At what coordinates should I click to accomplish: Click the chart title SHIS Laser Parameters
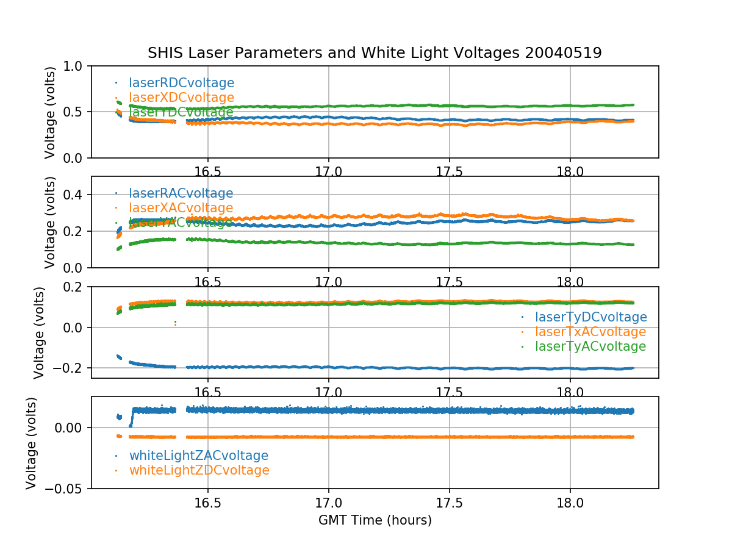tap(375, 53)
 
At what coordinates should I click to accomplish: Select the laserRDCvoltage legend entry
tap(181, 83)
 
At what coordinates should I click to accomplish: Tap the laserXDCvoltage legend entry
tap(181, 98)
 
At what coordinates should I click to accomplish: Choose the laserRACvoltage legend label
tap(181, 193)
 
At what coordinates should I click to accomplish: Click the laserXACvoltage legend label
tap(181, 208)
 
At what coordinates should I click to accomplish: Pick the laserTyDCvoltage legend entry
tap(590, 317)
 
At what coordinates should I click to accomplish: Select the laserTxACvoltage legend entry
tap(590, 332)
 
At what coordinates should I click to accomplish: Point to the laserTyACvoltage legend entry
tap(590, 346)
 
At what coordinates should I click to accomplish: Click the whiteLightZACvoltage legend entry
tap(198, 456)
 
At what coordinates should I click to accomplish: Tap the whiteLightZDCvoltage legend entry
tap(199, 470)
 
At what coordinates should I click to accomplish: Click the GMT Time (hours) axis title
tap(375, 520)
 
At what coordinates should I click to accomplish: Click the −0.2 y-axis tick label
tap(68, 368)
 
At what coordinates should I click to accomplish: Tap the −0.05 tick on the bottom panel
tap(64, 489)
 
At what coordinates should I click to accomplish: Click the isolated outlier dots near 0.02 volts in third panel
tap(176, 323)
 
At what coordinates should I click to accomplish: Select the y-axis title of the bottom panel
tap(32, 442)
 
